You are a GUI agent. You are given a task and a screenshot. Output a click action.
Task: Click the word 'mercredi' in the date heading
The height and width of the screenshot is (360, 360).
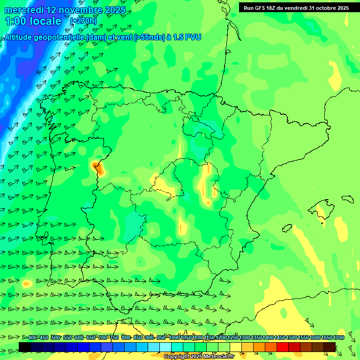click(24, 10)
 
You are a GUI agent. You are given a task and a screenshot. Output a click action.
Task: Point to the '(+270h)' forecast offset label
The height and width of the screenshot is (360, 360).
click(83, 21)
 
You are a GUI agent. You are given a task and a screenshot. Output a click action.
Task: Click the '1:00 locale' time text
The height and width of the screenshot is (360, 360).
click(33, 21)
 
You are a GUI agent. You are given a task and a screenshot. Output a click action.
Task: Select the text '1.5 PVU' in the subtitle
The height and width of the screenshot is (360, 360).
click(187, 37)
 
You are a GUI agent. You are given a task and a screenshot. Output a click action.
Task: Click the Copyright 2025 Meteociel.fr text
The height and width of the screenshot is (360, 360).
click(199, 356)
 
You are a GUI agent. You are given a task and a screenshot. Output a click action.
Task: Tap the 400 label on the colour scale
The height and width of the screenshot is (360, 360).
click(32, 337)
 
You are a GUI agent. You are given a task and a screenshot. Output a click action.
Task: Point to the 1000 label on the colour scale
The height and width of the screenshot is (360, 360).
click(174, 337)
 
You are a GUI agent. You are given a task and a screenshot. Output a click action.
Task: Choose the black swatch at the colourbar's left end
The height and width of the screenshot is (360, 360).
click(25, 347)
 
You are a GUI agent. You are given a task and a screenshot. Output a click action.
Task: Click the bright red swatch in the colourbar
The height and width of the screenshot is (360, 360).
click(283, 347)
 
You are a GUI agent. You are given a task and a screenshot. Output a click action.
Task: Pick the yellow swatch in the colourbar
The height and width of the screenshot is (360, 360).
click(236, 347)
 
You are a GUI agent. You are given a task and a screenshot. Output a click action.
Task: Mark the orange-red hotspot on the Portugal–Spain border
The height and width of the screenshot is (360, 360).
click(97, 167)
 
